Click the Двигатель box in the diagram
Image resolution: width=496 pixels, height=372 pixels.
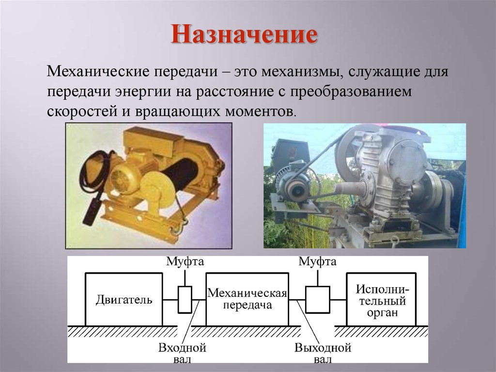[x=124, y=299]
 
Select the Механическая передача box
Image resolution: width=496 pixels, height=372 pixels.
[x=247, y=299]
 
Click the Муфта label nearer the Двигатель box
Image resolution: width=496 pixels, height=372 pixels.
[x=185, y=262]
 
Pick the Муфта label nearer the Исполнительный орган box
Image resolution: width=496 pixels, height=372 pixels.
[x=317, y=262]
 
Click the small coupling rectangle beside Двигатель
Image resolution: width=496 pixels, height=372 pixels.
[x=185, y=299]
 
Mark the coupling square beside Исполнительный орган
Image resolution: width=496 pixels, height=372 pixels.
[x=318, y=300]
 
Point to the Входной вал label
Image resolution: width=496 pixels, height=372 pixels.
[x=183, y=354]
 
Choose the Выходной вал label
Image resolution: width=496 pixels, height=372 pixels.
[x=323, y=354]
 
